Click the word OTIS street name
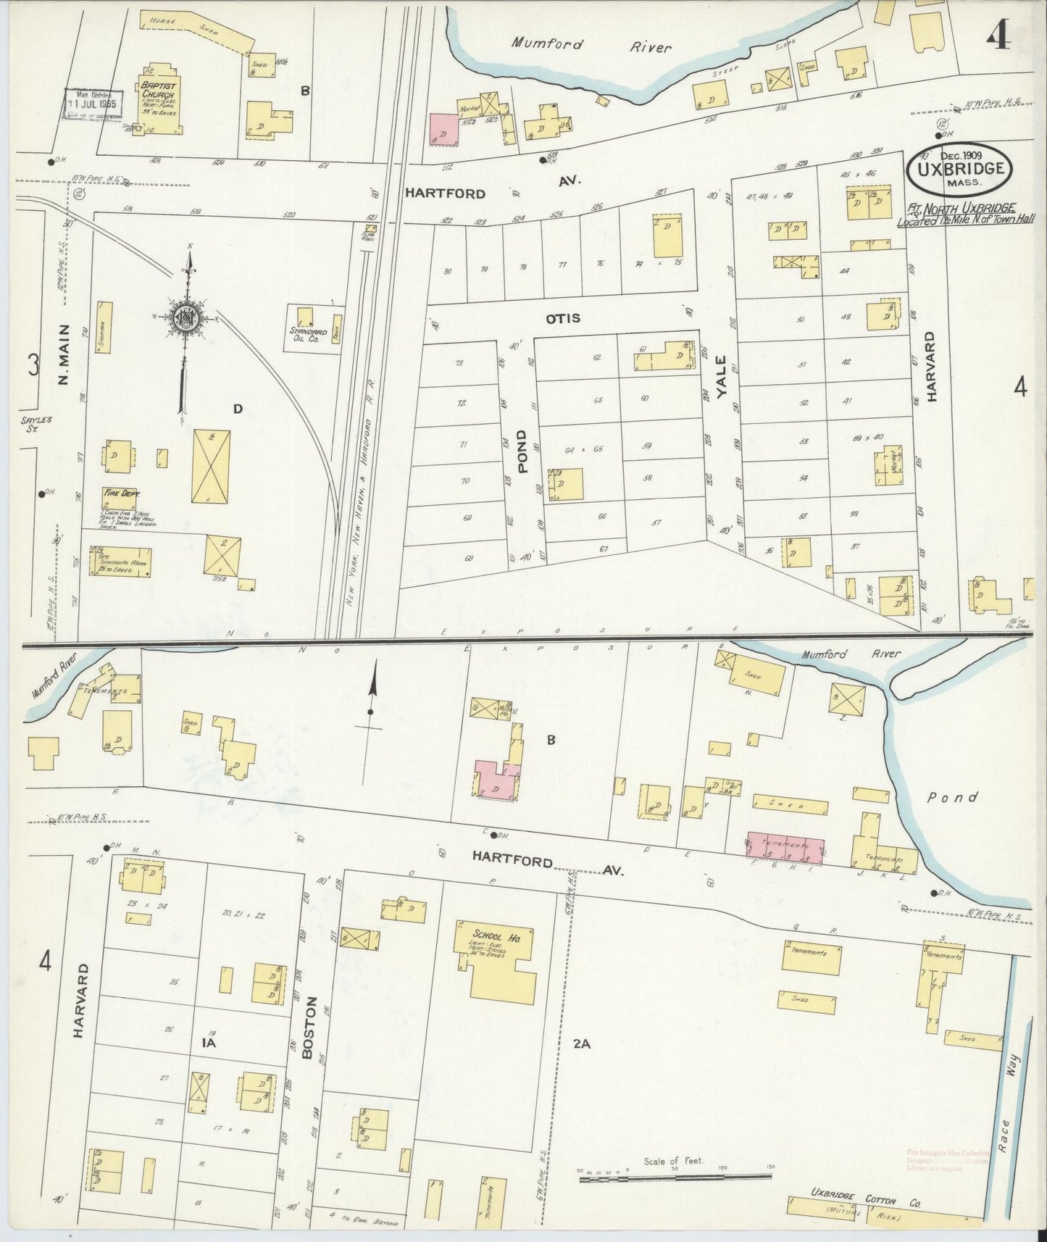(x=563, y=318)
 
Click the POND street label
(x=524, y=449)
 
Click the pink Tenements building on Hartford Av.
(x=786, y=847)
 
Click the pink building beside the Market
(x=444, y=129)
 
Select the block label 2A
(x=582, y=1044)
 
